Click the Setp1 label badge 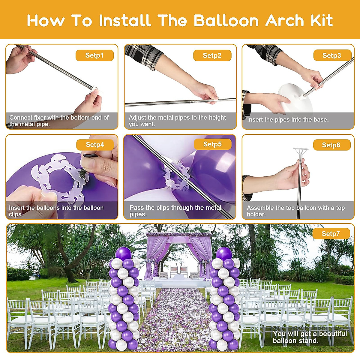[x=94, y=55]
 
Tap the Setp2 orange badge [x=212, y=55]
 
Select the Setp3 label [x=332, y=55]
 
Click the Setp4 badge [x=95, y=145]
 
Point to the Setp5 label [x=212, y=144]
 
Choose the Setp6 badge [x=331, y=145]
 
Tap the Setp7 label [x=331, y=234]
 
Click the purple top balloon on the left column [x=123, y=253]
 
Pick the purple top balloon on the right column [x=224, y=253]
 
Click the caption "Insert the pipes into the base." [x=288, y=120]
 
